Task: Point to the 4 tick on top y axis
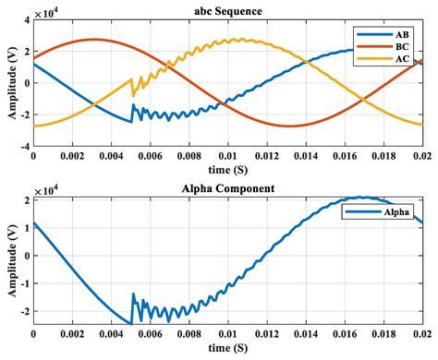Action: tap(26, 19)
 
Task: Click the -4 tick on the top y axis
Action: tap(23, 146)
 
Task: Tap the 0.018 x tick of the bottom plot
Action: tap(385, 334)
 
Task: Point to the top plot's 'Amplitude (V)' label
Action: tap(8, 82)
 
